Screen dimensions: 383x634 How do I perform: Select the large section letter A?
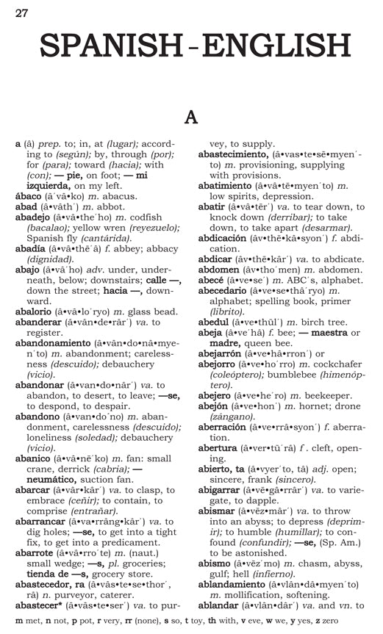pyautogui.click(x=191, y=116)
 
